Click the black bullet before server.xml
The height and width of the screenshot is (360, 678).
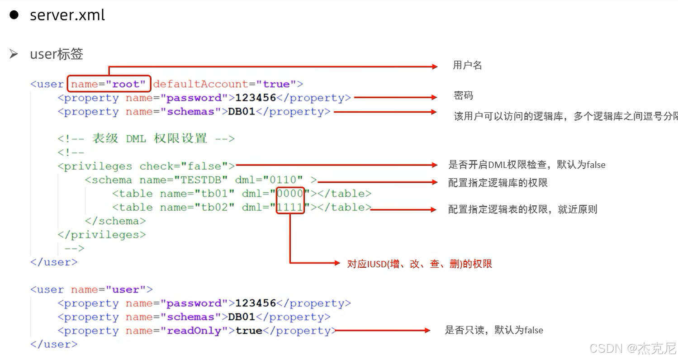coord(14,14)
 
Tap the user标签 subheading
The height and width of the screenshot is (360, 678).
coord(57,54)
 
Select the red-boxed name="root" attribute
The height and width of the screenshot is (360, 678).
coord(109,84)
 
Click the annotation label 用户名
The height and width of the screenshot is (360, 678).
coord(467,66)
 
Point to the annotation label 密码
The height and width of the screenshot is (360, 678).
coord(463,96)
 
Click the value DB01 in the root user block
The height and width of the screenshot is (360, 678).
coord(242,112)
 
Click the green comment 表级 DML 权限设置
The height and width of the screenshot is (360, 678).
coord(149,139)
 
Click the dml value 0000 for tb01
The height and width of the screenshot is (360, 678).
coord(290,194)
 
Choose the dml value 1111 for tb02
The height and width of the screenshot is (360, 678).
coord(290,208)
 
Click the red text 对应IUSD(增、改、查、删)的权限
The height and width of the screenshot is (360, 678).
coord(419,264)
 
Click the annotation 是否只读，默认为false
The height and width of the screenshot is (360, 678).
coord(494,331)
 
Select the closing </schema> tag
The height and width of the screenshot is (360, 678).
coord(115,221)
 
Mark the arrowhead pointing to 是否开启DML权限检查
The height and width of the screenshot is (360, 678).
coord(436,165)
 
